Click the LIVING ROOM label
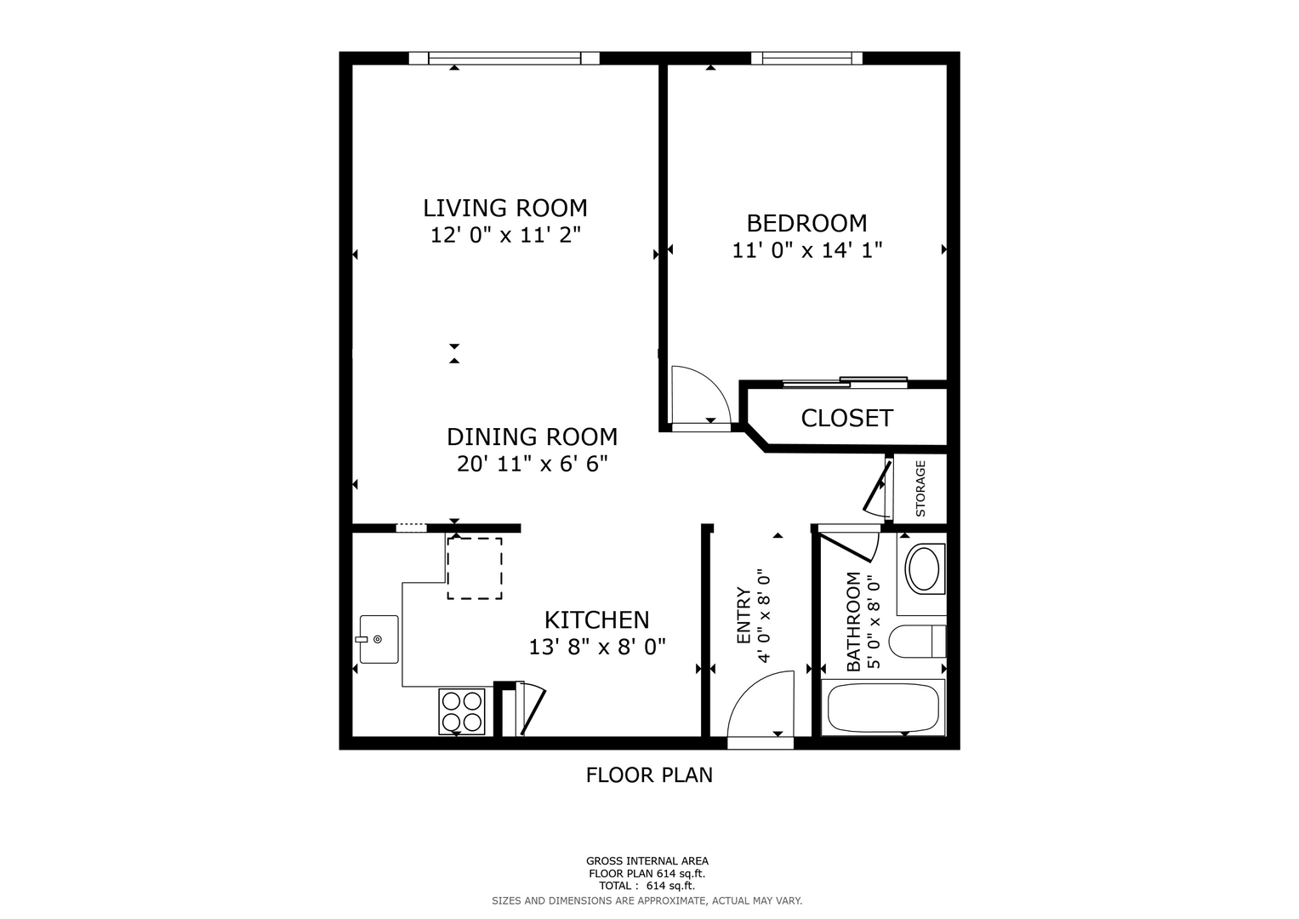point(505,208)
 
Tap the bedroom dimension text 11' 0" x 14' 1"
point(807,250)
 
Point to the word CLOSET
point(846,418)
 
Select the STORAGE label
point(920,488)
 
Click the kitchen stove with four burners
point(462,711)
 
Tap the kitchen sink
point(379,639)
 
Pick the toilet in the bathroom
point(917,641)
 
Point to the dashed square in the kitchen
point(475,568)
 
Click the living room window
point(504,58)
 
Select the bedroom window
point(806,58)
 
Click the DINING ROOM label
point(532,437)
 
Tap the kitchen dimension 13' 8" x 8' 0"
point(597,647)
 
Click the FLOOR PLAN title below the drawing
point(649,775)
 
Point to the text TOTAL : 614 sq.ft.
point(647,886)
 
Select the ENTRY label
point(744,615)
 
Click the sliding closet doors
point(845,382)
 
